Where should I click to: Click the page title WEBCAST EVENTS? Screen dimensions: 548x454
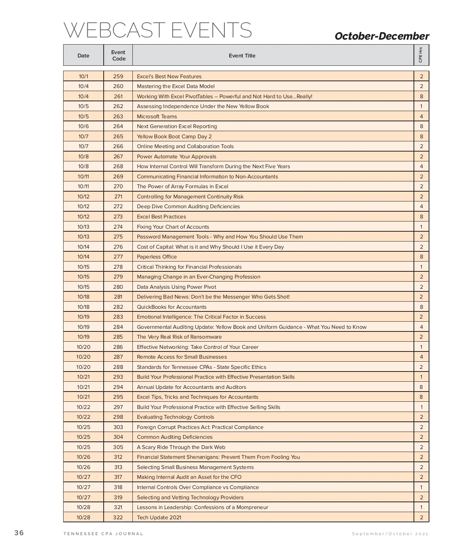pos(157,30)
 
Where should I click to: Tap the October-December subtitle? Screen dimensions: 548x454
pos(382,36)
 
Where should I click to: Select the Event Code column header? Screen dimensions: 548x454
pos(118,56)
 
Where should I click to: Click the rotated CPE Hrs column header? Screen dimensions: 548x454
pos(421,55)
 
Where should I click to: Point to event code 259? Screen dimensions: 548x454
pos(118,76)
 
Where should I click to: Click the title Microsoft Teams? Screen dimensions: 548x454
pos(157,116)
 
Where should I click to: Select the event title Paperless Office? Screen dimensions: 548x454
pos(157,257)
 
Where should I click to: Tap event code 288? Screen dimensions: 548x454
pos(118,367)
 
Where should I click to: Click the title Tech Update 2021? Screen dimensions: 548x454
pos(159,517)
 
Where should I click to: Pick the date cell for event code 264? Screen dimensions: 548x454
pos(83,126)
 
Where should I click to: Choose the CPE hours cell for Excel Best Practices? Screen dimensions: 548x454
pos(421,217)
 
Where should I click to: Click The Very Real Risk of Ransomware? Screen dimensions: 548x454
pos(179,337)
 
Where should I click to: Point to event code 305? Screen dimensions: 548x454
pos(118,447)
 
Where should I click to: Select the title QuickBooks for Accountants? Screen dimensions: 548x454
pos(172,307)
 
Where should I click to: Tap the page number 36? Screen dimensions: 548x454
pos(19,533)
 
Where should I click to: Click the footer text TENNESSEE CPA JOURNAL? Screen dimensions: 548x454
pos(103,534)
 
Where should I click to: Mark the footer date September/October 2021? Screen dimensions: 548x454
pos(390,534)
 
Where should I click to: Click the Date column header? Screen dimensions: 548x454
pos(83,56)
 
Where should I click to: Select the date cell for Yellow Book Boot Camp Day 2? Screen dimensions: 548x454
pos(83,136)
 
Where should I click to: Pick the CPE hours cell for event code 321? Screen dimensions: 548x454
pos(421,507)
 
